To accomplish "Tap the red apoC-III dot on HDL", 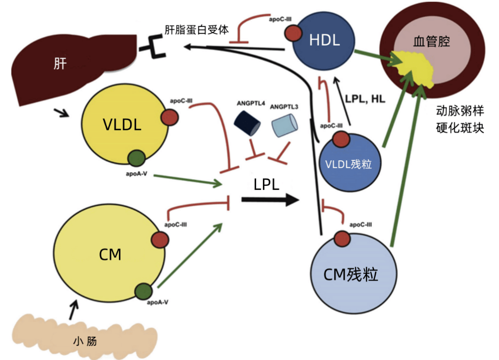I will (x=293, y=33).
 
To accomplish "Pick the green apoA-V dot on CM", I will (x=144, y=291).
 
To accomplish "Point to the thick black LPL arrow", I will (x=269, y=200).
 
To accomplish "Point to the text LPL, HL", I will (x=365, y=99).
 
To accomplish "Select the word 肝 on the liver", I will (x=60, y=64).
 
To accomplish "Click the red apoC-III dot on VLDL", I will (x=170, y=117).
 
